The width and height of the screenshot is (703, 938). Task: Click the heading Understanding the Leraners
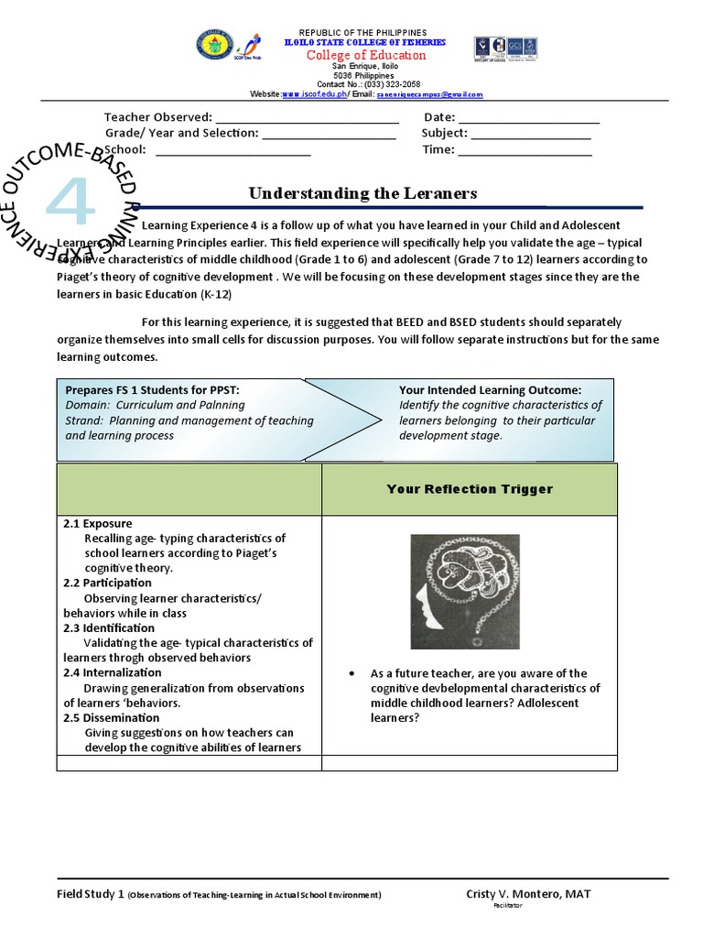coord(363,193)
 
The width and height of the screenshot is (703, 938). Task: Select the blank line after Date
coord(528,118)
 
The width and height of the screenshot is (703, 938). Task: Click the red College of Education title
coord(365,55)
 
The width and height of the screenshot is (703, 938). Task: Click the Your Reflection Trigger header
coord(469,489)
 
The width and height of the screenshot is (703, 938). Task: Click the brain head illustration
coord(464,592)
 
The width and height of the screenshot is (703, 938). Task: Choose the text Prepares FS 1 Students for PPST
coord(152,390)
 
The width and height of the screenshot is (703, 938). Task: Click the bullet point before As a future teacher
coord(352,673)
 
